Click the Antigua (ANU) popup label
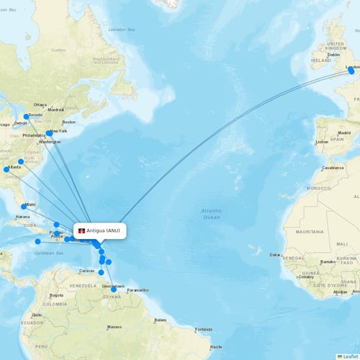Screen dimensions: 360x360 (105, 230)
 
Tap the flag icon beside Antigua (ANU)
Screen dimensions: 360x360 (81, 230)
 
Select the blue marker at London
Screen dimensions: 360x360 (351, 71)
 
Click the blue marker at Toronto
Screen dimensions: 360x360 (27, 117)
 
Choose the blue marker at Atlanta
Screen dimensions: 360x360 (6, 170)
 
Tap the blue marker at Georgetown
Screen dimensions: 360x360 (113, 289)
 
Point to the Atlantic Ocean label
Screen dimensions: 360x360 (211, 213)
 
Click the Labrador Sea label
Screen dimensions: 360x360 (121, 30)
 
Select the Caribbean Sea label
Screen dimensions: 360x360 (50, 253)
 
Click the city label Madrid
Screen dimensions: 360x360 (344, 133)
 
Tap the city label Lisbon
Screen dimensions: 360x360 (320, 142)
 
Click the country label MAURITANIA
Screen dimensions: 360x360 (309, 231)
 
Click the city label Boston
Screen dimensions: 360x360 (68, 122)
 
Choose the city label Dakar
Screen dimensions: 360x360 (275, 254)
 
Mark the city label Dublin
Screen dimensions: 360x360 (333, 55)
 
